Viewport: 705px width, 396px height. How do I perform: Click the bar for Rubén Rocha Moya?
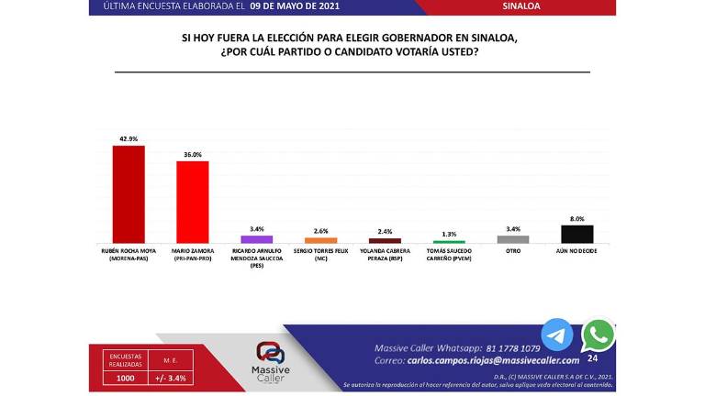click(128, 193)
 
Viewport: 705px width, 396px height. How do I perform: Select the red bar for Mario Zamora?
click(192, 202)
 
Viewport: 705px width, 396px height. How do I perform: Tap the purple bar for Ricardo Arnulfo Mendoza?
click(256, 239)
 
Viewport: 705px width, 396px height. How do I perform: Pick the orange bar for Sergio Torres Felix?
click(320, 240)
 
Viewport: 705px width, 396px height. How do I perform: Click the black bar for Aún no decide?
click(576, 234)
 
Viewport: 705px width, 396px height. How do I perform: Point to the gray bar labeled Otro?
click(512, 239)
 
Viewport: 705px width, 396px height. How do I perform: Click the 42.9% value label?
click(128, 139)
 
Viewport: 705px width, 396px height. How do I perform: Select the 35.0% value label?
click(192, 155)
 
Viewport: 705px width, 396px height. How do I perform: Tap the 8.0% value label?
click(576, 219)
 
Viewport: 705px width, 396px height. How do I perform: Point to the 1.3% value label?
click(449, 235)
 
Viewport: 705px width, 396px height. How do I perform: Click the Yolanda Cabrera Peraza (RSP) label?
click(385, 254)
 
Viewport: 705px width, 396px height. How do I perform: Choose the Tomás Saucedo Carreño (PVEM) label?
click(449, 254)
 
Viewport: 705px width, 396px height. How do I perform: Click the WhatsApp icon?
click(599, 335)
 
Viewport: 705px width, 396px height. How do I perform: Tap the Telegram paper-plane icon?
click(556, 335)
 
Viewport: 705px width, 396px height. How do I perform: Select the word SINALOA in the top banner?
click(521, 6)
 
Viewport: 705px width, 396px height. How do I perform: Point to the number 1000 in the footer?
click(125, 378)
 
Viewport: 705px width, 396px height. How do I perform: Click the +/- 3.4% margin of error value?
click(171, 378)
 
